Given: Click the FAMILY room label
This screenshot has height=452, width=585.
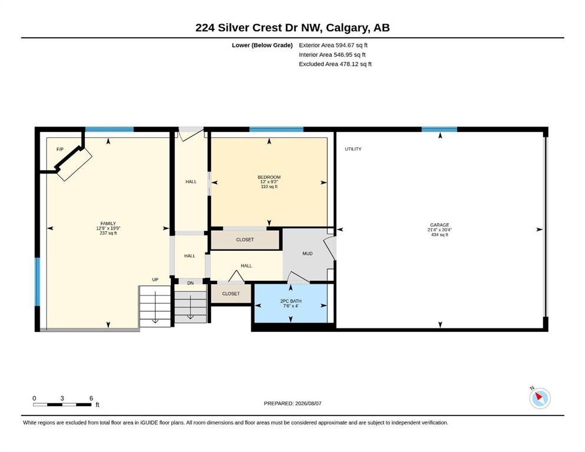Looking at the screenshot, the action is tap(108, 224).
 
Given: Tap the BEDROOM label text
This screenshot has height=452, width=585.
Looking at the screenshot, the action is tap(269, 177).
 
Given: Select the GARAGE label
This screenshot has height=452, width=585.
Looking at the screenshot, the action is tap(439, 225).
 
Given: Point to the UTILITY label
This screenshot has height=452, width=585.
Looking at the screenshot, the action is tap(353, 149).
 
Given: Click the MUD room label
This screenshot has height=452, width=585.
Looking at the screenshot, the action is tap(308, 254).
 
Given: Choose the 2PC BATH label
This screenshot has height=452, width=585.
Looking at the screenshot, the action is tap(290, 301).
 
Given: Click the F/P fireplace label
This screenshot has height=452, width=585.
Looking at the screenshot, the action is tap(60, 149).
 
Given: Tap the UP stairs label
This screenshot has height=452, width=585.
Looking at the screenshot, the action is tap(155, 280).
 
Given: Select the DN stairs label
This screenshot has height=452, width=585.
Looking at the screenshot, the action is tap(190, 283).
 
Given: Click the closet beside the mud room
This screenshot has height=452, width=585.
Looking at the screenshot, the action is tap(244, 240).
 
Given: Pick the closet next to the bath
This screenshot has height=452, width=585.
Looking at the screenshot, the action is tap(231, 294).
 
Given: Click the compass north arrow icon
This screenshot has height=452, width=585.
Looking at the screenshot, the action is tap(540, 398).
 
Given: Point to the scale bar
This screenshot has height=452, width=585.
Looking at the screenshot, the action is tap(62, 404).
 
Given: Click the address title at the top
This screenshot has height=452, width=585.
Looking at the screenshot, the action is tap(292, 28).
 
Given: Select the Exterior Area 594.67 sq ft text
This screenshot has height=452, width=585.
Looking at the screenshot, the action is tap(333, 45).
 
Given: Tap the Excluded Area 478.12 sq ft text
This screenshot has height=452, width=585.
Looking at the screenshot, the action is tap(335, 64).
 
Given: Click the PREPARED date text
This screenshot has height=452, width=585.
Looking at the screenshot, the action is tap(292, 403).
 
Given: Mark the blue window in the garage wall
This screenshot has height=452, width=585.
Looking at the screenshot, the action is tap(439, 129).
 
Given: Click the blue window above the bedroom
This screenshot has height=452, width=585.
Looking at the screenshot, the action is tap(276, 129).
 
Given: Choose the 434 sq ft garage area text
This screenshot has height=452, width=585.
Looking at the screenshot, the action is tap(439, 235).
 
